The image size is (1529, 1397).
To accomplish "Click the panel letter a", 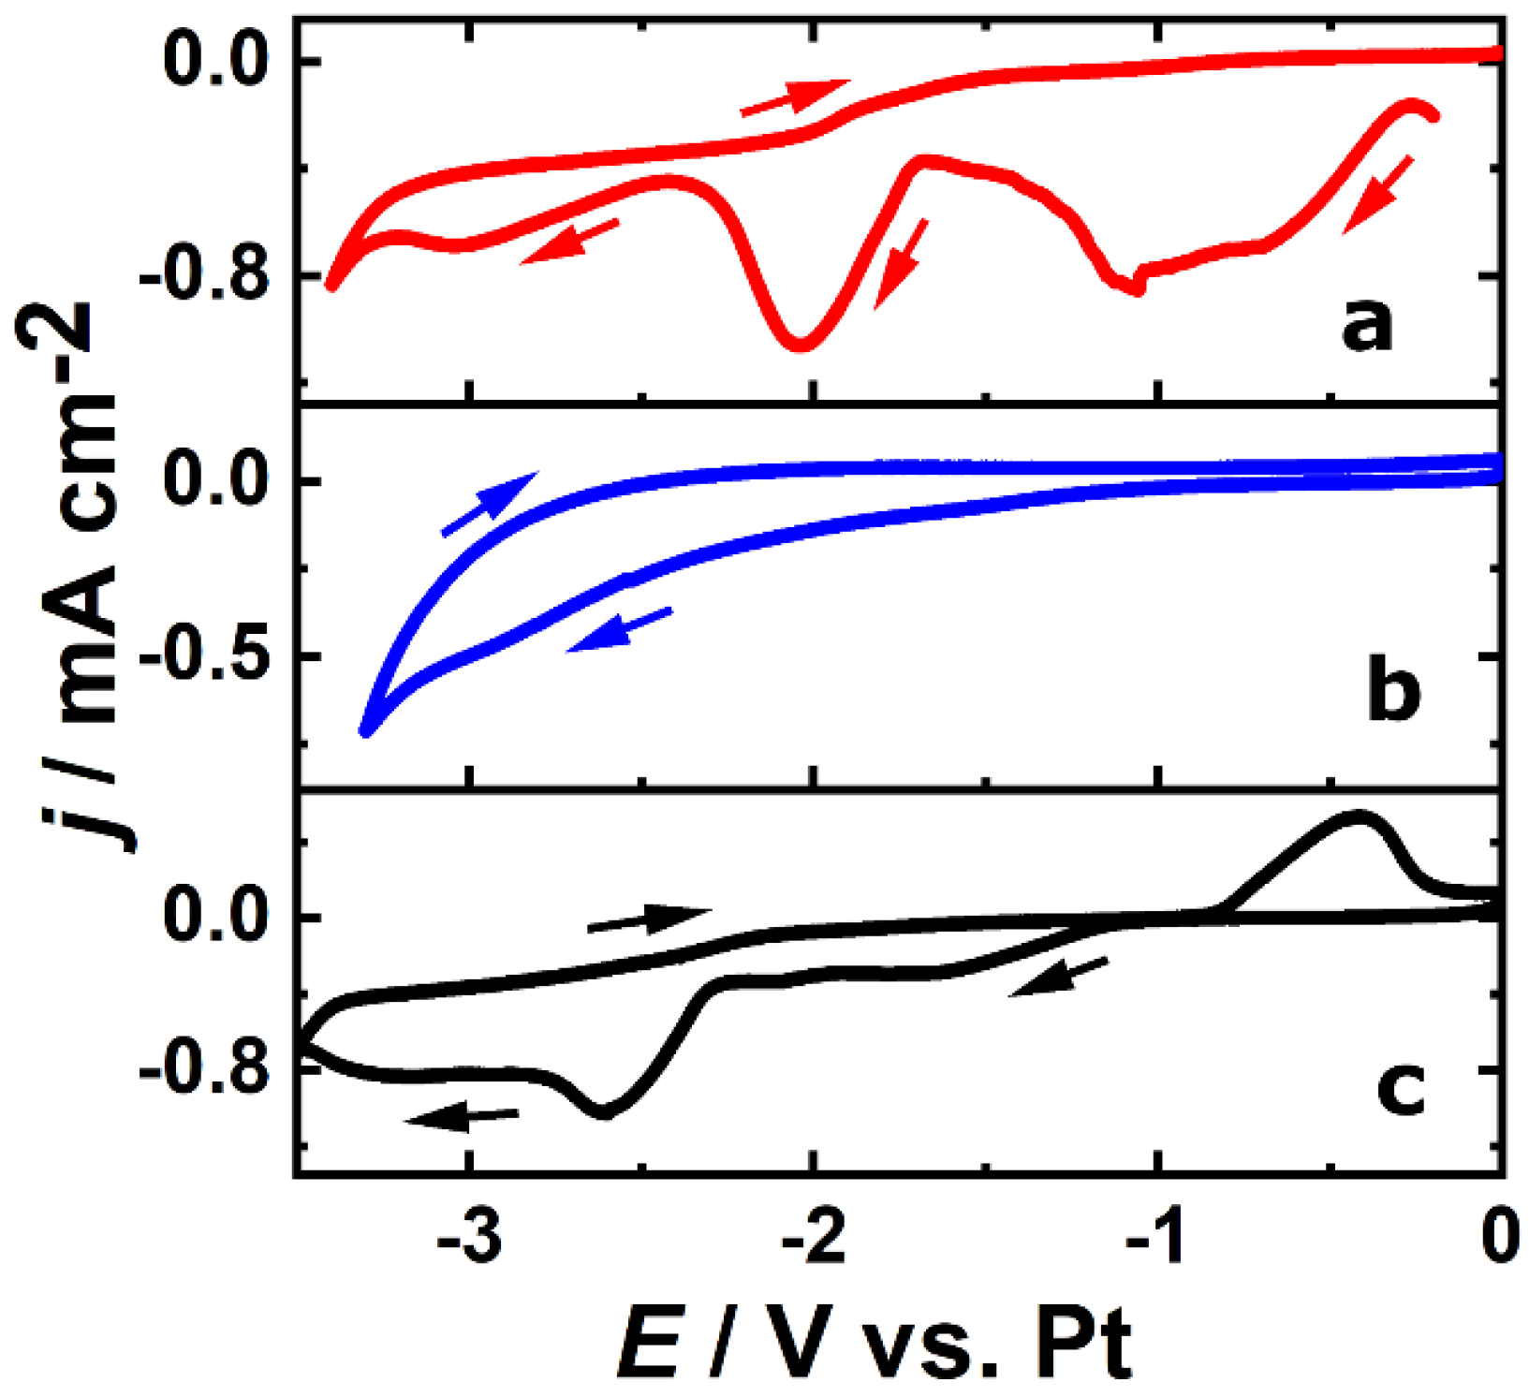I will point(1367,328).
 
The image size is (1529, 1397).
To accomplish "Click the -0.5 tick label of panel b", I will point(204,657).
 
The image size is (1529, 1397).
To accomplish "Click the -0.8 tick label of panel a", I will point(204,276).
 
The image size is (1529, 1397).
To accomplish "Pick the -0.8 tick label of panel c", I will point(204,1070).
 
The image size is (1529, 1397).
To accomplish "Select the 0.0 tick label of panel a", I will point(217,62).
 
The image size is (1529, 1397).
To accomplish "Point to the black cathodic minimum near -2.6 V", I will point(604,1112).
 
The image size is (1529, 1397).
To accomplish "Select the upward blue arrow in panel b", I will point(489,504).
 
